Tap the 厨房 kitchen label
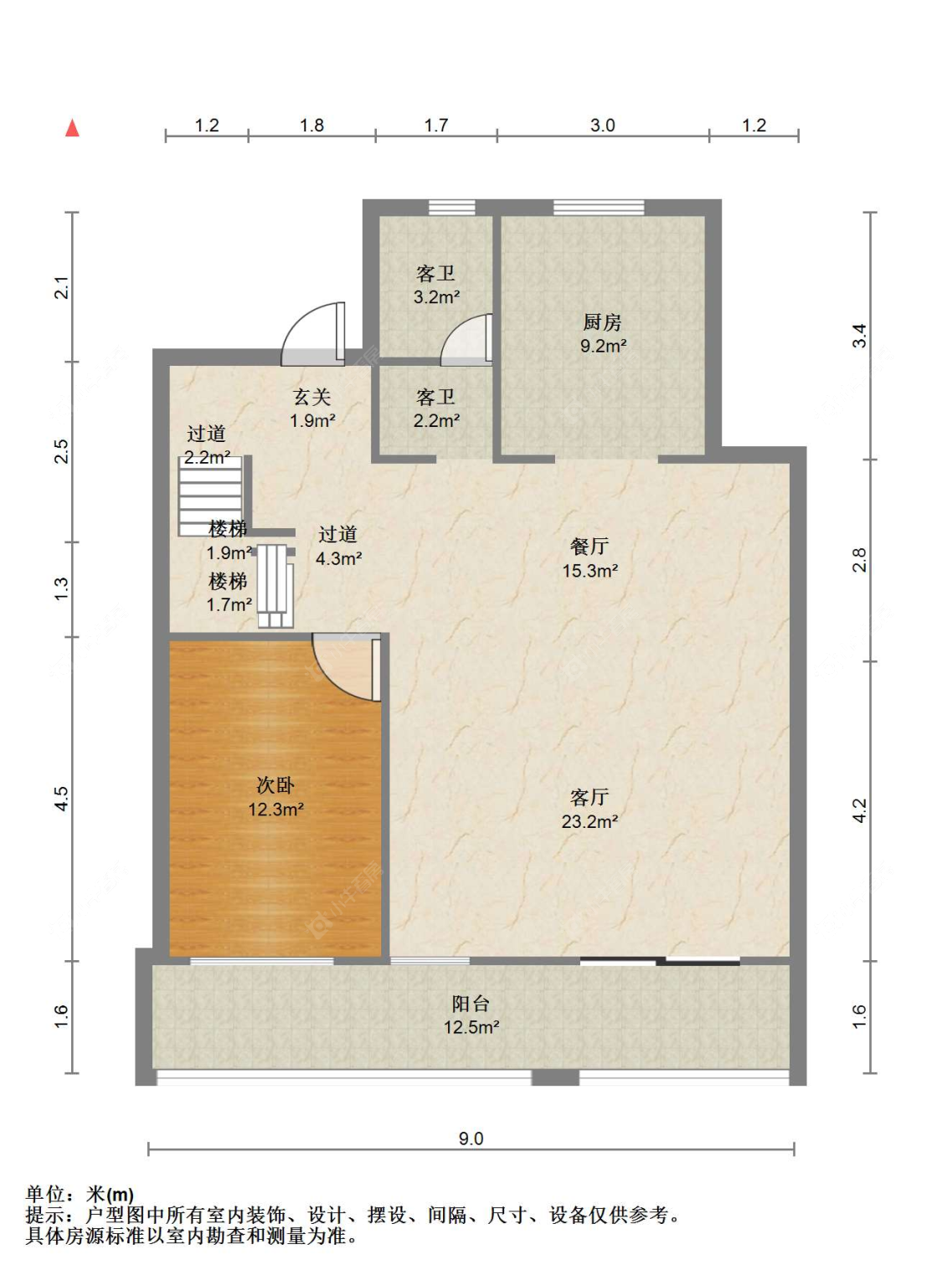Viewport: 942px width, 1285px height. (602, 321)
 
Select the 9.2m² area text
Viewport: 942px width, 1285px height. (603, 346)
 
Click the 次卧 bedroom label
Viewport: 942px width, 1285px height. (275, 785)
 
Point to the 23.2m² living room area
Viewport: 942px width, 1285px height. (589, 821)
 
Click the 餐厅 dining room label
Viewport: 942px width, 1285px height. (589, 546)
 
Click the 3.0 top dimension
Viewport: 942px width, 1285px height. (602, 125)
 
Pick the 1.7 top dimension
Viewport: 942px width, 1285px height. (436, 125)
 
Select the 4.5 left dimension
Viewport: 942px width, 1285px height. (61, 798)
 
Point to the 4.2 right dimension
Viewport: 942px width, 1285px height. (859, 810)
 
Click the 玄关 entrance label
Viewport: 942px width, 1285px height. (312, 397)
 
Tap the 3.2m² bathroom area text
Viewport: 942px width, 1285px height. (436, 296)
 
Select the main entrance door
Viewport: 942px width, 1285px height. (312, 335)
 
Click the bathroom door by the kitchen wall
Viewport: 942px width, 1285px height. (466, 340)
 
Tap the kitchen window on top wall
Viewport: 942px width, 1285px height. (599, 207)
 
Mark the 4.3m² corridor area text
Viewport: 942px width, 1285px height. (338, 558)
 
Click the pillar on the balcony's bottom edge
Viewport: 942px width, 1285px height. (555, 1077)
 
